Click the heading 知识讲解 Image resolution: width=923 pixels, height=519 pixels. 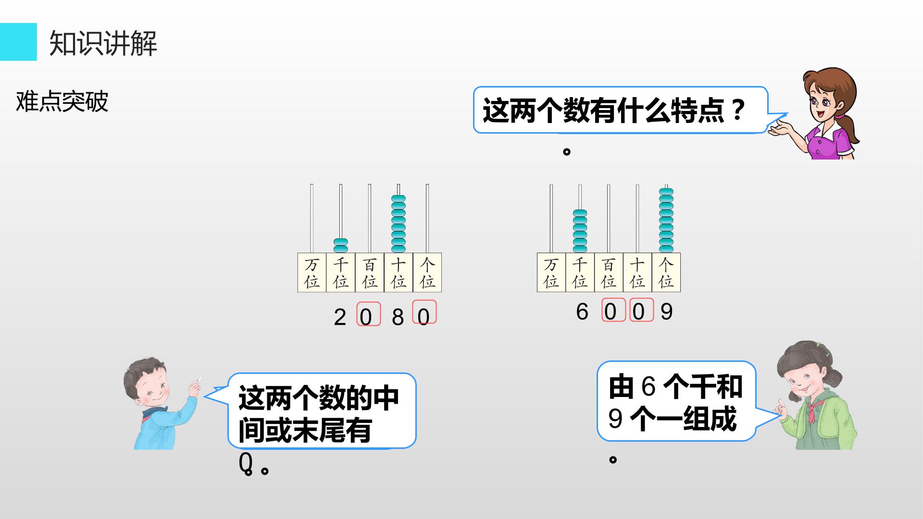(103, 43)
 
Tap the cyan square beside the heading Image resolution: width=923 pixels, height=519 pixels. (18, 42)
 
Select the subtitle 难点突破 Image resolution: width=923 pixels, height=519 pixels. (62, 101)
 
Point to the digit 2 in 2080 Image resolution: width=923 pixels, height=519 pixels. (340, 317)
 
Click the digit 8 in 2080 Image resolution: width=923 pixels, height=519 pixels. (398, 317)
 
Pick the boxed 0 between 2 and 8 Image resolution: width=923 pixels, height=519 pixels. (368, 314)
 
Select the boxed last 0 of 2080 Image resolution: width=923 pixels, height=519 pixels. (424, 312)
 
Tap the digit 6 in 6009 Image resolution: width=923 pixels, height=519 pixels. (582, 312)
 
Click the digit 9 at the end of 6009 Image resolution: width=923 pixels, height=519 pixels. (666, 312)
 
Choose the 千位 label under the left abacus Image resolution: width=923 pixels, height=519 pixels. (341, 272)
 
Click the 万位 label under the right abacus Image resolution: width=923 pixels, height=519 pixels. (551, 272)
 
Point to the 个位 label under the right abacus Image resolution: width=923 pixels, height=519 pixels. (666, 272)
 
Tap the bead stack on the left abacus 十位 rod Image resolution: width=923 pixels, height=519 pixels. (399, 223)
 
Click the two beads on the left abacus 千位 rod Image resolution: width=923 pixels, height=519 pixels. (341, 245)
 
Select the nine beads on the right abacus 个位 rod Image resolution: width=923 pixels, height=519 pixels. (666, 220)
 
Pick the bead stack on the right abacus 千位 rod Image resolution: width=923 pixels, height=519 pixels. (580, 231)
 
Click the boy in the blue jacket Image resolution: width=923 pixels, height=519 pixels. (161, 404)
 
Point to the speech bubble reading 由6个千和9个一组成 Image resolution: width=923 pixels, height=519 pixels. (683, 401)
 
